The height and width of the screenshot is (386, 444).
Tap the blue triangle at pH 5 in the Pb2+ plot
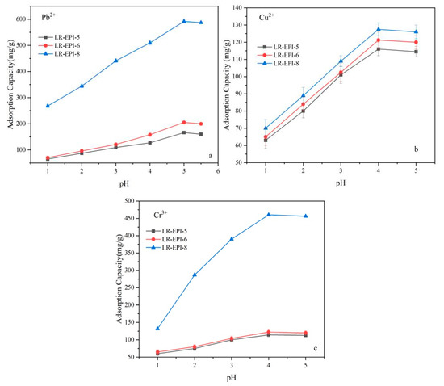[184, 21]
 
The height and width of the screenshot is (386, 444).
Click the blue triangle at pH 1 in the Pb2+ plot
[48, 106]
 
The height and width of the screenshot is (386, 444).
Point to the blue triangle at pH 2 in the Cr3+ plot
[195, 275]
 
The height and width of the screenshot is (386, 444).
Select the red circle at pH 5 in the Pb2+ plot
[184, 123]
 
